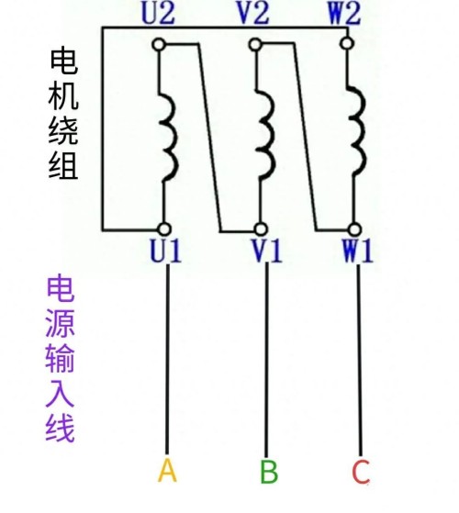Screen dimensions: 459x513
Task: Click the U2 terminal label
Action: [158, 14]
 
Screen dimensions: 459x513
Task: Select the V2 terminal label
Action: [253, 14]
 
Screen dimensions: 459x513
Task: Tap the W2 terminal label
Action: [344, 14]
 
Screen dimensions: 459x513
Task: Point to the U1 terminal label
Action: [165, 251]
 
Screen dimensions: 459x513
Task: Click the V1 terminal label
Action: [266, 251]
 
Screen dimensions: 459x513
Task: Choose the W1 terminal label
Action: [358, 251]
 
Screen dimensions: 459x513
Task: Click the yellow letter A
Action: [167, 471]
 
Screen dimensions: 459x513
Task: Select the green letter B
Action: [269, 472]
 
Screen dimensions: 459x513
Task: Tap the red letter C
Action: [361, 472]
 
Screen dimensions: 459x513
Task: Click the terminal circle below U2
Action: [159, 44]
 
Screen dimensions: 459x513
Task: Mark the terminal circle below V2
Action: [255, 44]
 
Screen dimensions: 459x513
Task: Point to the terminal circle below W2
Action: [347, 43]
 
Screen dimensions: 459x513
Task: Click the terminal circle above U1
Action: [164, 229]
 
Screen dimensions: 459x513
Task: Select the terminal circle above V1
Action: [261, 229]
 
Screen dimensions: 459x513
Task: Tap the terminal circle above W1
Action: [354, 229]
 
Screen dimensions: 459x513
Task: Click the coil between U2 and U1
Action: [175, 138]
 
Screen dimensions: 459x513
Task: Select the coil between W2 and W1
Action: [363, 131]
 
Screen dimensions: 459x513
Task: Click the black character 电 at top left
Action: [64, 61]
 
